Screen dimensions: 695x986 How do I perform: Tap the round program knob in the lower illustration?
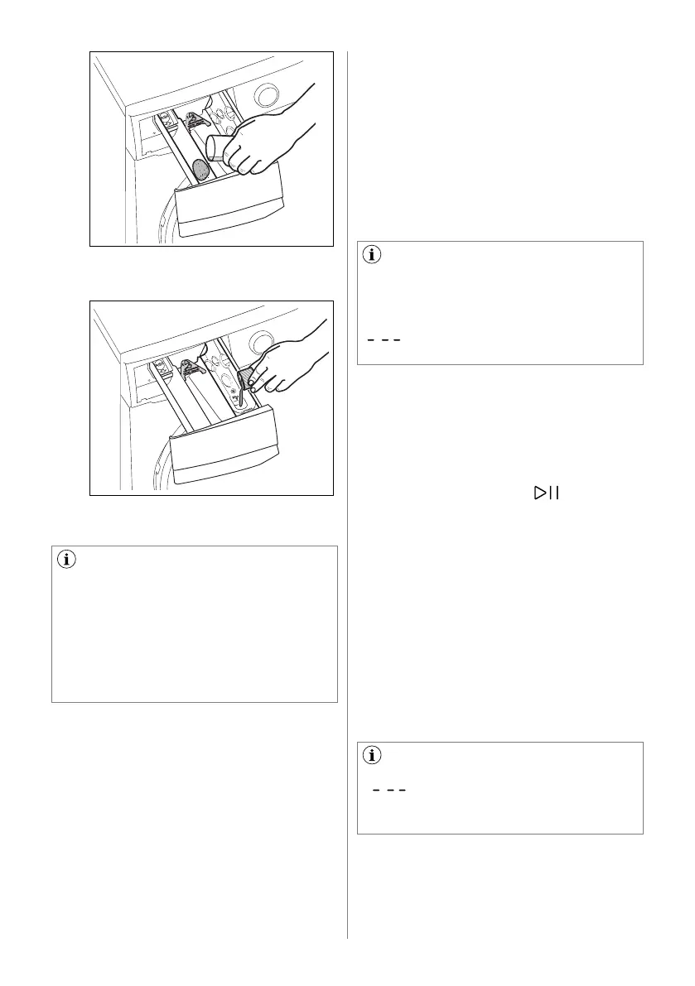click(262, 341)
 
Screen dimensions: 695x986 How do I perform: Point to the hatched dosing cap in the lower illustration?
click(247, 379)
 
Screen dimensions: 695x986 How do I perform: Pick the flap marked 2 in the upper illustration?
click(195, 121)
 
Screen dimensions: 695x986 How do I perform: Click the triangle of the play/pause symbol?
click(541, 493)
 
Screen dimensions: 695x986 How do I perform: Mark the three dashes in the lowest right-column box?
click(389, 791)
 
